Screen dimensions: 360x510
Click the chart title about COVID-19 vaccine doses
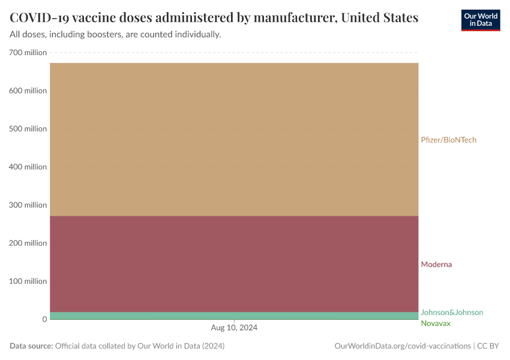coord(214,17)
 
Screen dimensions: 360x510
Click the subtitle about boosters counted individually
coord(116,35)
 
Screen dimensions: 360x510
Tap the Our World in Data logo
coord(480,20)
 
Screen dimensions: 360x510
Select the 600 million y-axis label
coord(28,91)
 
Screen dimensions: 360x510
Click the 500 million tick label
coord(28,129)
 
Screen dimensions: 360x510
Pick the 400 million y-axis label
coord(28,167)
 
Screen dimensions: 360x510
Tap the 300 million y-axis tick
coord(28,205)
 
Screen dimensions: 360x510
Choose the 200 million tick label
coord(28,243)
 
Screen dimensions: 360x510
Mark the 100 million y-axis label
coord(28,281)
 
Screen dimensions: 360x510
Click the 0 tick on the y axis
coord(44,319)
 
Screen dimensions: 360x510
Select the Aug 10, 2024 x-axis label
coord(234,328)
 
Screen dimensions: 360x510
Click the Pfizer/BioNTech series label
coord(448,140)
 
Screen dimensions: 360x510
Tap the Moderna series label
coord(436,265)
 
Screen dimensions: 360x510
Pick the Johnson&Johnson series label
coord(452,313)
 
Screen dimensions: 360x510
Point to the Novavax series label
coord(435,323)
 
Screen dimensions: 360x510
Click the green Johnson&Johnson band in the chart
coord(234,316)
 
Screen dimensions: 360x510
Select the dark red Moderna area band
coord(234,264)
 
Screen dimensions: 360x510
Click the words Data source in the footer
coord(31,346)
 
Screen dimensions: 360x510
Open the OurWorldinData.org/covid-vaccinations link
coord(402,346)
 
